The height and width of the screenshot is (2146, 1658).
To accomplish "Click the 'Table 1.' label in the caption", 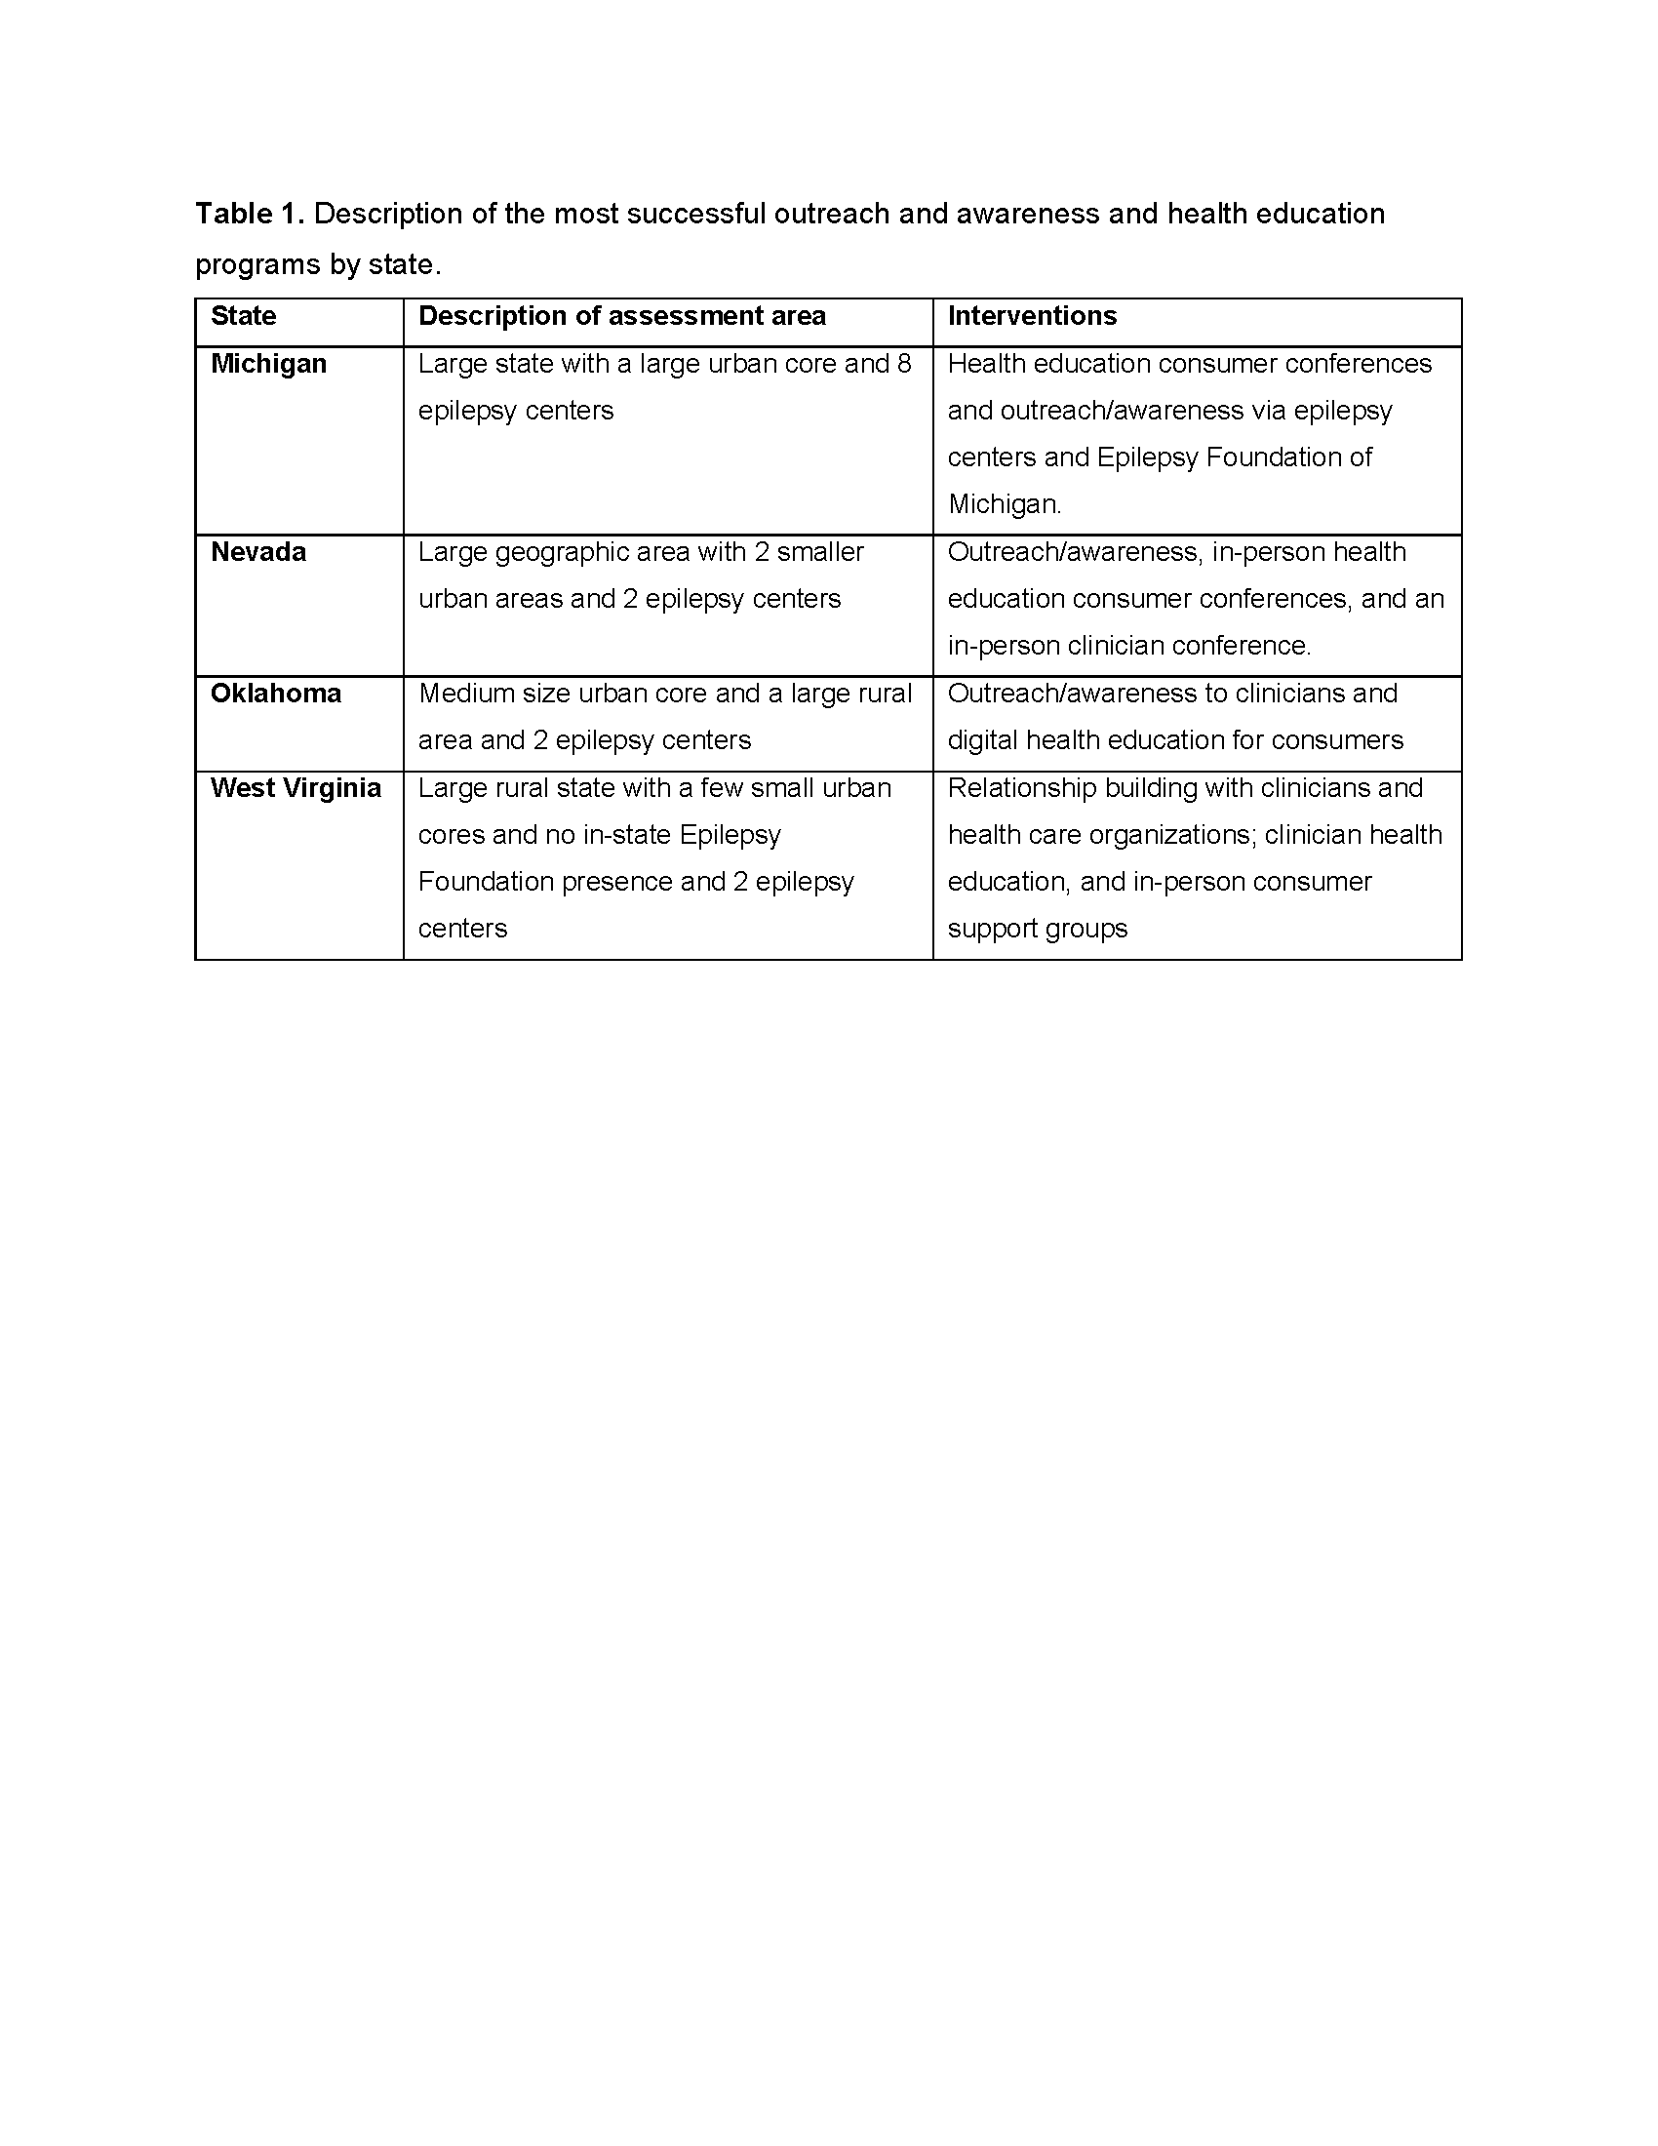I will (x=250, y=214).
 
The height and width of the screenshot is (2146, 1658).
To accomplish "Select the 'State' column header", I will (x=243, y=315).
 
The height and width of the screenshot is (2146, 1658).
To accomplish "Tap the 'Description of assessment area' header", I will (x=622, y=315).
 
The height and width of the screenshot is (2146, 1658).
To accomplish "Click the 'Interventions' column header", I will (x=1031, y=315).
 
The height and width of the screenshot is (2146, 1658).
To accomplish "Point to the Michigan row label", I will (x=268, y=364).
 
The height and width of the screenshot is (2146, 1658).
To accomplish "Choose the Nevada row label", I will (x=258, y=552).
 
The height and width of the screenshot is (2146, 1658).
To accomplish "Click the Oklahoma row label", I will (x=276, y=694).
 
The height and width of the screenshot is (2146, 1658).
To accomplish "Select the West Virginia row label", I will (x=296, y=788).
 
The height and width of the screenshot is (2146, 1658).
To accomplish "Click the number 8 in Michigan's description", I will (x=904, y=364).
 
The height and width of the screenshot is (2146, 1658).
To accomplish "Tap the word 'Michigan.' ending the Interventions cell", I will (x=1004, y=505).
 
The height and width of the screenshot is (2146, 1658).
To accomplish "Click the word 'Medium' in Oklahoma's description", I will (x=460, y=694).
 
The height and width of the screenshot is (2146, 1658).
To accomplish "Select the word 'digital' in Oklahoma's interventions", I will (x=983, y=740).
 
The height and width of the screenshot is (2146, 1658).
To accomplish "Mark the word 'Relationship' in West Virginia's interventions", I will (x=1021, y=788).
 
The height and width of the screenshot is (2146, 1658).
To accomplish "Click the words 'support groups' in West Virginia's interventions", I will (x=1038, y=929).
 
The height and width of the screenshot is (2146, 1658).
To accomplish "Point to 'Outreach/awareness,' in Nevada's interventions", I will (x=1075, y=552).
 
